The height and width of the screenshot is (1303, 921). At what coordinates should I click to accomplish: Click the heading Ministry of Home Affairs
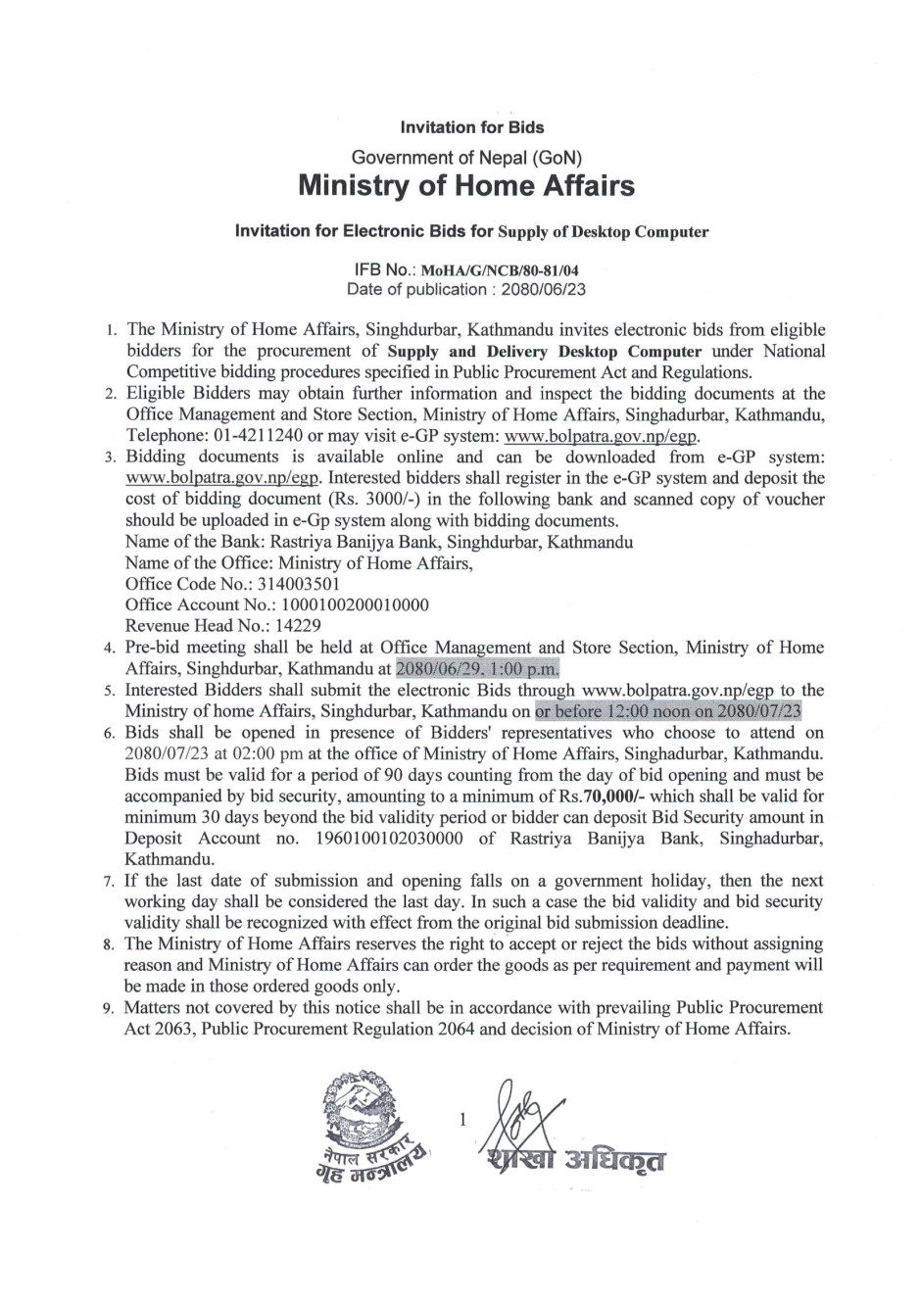click(465, 185)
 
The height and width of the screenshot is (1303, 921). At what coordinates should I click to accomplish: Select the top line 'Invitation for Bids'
click(472, 127)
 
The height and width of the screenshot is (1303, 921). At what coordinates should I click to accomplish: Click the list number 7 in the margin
click(110, 882)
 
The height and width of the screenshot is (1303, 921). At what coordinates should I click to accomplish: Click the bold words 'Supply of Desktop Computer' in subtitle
click(603, 232)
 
